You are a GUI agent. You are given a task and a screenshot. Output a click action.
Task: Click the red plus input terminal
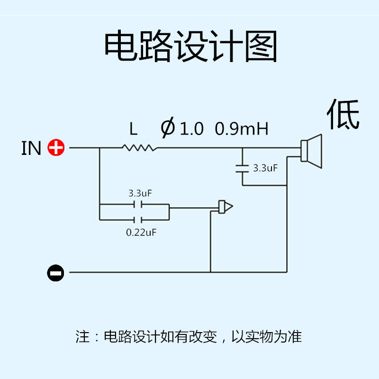[56, 148]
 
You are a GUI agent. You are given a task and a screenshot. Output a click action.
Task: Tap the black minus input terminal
[55, 272]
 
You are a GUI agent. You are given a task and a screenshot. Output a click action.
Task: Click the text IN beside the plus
[31, 148]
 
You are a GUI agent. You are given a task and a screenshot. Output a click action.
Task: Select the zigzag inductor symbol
[139, 148]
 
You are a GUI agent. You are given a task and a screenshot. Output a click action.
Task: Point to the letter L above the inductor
[134, 128]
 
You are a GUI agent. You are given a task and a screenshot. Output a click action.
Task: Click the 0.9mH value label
[242, 128]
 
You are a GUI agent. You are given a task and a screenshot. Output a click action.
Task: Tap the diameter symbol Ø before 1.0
[168, 128]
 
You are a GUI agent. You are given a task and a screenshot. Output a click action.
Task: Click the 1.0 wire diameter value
[192, 128]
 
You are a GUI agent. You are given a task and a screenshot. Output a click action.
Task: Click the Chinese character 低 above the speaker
[343, 114]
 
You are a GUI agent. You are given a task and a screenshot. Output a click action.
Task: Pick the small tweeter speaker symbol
[225, 207]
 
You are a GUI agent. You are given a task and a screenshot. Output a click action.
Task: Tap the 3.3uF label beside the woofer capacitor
[265, 168]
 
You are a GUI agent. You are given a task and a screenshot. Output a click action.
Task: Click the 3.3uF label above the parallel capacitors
[140, 193]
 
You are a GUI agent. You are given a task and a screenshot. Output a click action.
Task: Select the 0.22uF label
[141, 233]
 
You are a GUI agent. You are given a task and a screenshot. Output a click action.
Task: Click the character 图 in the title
[261, 46]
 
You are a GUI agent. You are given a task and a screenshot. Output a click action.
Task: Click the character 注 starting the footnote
[82, 337]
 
